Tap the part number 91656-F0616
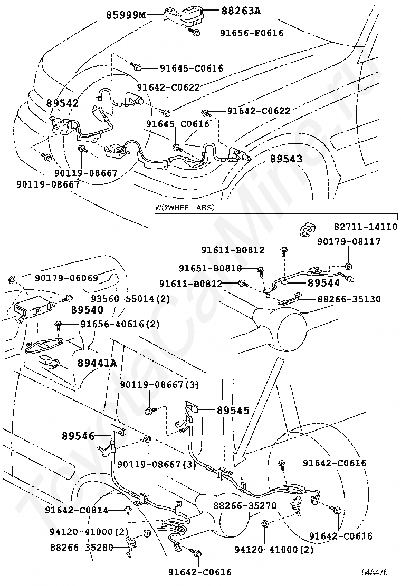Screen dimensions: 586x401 pos(251,33)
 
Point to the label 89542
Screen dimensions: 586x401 pos(62,103)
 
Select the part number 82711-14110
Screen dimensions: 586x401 pos(364,227)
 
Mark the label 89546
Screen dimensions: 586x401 pos(78,436)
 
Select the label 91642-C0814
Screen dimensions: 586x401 pos(76,510)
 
